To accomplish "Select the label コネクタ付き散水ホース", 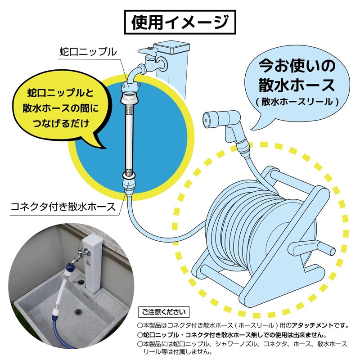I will point(63,207).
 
